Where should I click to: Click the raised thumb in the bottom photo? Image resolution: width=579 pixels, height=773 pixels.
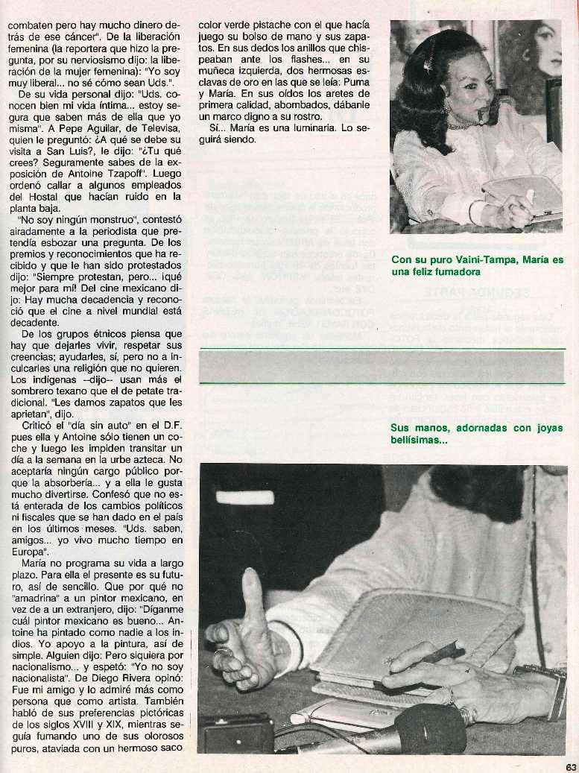(253, 590)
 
